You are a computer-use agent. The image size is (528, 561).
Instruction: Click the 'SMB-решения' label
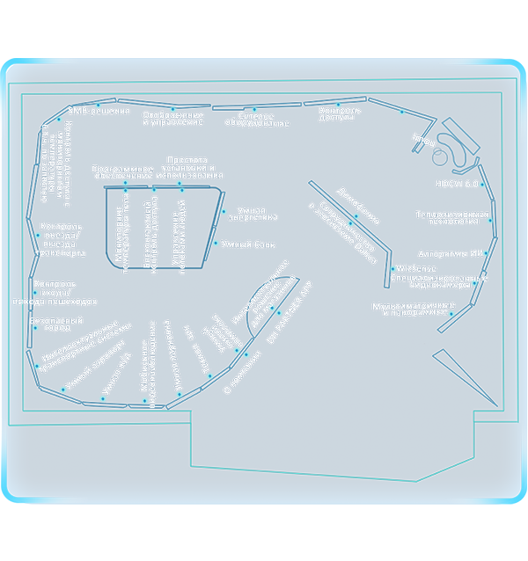point(99,112)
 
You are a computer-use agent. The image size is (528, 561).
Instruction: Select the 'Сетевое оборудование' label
point(264,120)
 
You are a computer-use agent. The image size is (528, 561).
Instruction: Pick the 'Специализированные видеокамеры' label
point(437,281)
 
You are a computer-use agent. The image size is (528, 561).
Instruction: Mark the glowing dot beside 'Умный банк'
point(216,244)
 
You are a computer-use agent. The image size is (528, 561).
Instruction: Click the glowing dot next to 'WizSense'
point(392,268)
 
